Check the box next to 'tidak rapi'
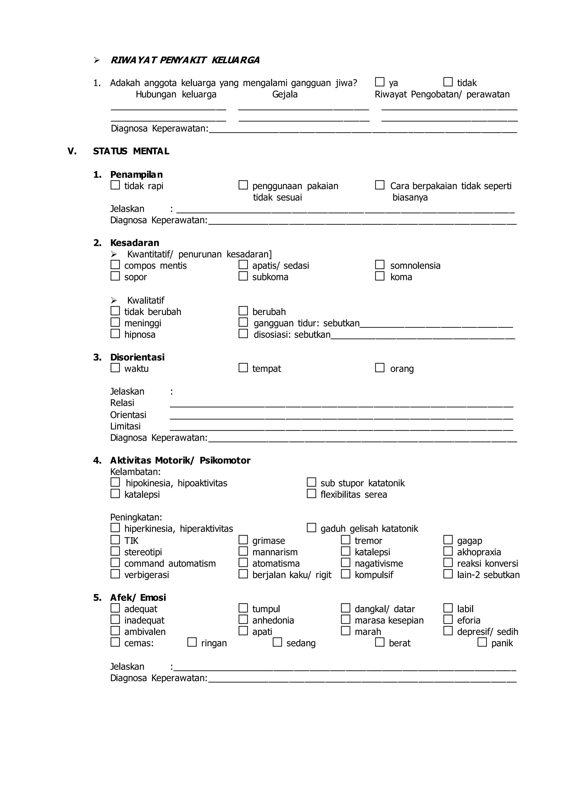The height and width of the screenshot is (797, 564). tap(115, 185)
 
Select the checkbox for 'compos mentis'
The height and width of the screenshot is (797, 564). tap(115, 265)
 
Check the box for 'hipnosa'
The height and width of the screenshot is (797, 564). tap(115, 334)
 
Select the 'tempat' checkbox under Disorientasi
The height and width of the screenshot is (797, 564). tap(243, 368)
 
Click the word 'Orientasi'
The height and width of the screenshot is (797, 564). tap(128, 415)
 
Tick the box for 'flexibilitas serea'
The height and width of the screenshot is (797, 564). tap(311, 494)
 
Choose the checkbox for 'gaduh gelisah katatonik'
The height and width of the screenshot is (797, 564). tap(311, 528)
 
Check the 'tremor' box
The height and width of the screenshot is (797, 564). tap(345, 540)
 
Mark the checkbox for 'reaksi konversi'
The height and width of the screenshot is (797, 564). tap(448, 563)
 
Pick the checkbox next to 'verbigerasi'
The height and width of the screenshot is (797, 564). tap(115, 574)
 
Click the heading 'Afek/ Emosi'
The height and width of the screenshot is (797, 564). tap(138, 597)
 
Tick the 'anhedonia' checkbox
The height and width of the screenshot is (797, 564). tap(243, 620)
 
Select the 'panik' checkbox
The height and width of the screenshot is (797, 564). tap(482, 642)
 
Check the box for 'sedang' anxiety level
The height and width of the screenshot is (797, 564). tap(277, 642)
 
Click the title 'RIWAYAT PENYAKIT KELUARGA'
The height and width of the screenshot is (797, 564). tap(185, 60)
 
